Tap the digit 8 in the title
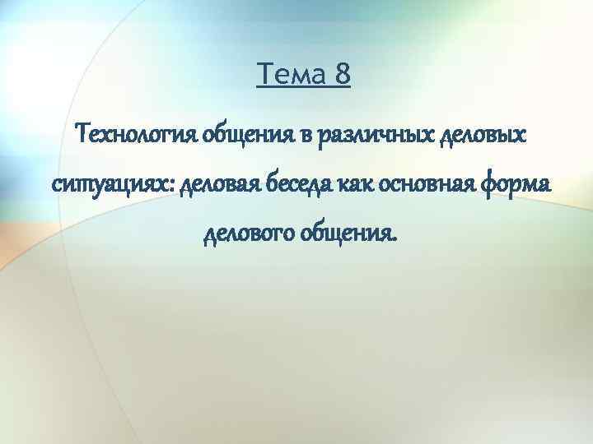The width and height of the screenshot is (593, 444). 343,76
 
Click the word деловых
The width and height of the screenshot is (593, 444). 464,134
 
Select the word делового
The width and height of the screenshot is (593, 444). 248,236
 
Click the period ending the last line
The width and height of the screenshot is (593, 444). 395,242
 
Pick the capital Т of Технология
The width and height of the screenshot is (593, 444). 82,132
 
